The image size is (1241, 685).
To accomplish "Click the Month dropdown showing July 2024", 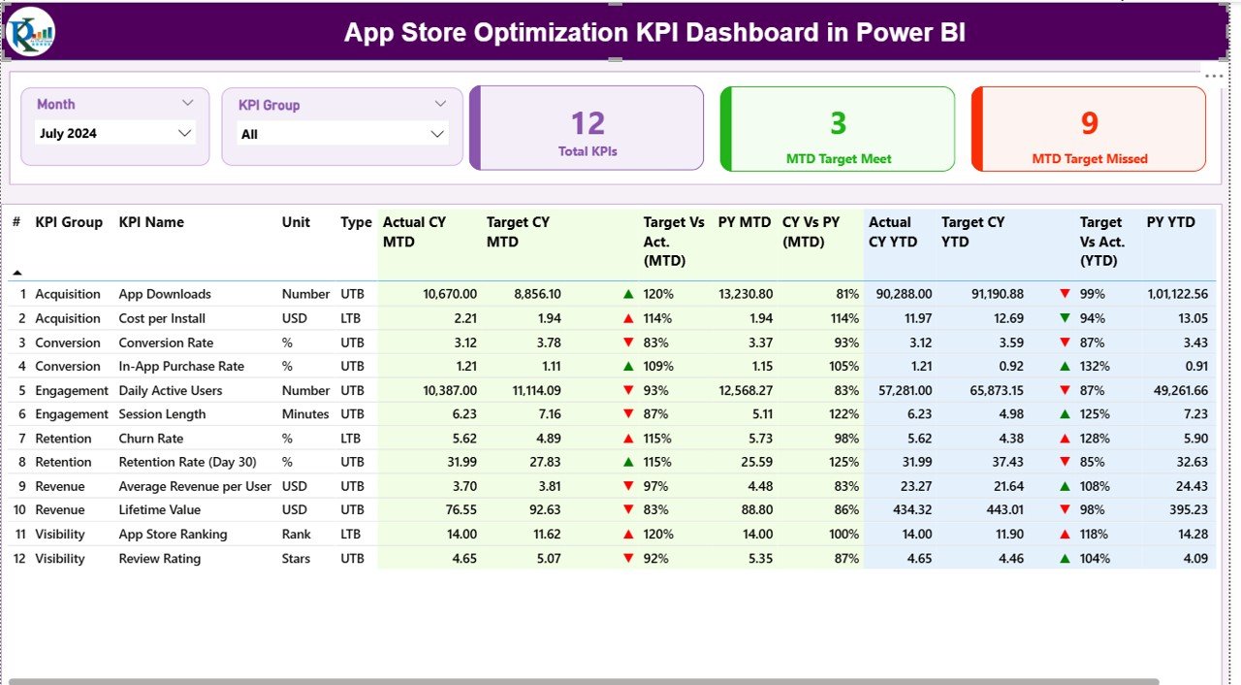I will pos(114,134).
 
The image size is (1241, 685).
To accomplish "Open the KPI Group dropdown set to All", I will pos(342,134).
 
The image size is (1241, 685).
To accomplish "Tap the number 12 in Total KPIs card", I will pos(588,123).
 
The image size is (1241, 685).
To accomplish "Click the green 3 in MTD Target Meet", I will pos(838,123).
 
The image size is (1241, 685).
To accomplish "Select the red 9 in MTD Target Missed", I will pos(1089,123).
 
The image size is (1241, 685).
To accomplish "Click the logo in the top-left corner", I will pos(30,32).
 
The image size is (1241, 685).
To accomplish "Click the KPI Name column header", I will pos(151,222).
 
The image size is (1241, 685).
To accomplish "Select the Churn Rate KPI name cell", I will pos(150,439).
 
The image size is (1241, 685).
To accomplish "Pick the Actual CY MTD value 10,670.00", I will pos(444,294).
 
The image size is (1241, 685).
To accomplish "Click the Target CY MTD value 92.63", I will pos(539,510).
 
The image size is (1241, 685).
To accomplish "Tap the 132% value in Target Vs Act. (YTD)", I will pos(1096,367).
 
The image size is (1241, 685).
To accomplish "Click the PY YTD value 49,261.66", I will pos(1176,391).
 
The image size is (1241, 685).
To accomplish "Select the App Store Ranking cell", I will pos(173,535).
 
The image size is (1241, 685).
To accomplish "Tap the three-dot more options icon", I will pos(1214,76).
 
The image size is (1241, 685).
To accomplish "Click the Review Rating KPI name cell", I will pos(160,559).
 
